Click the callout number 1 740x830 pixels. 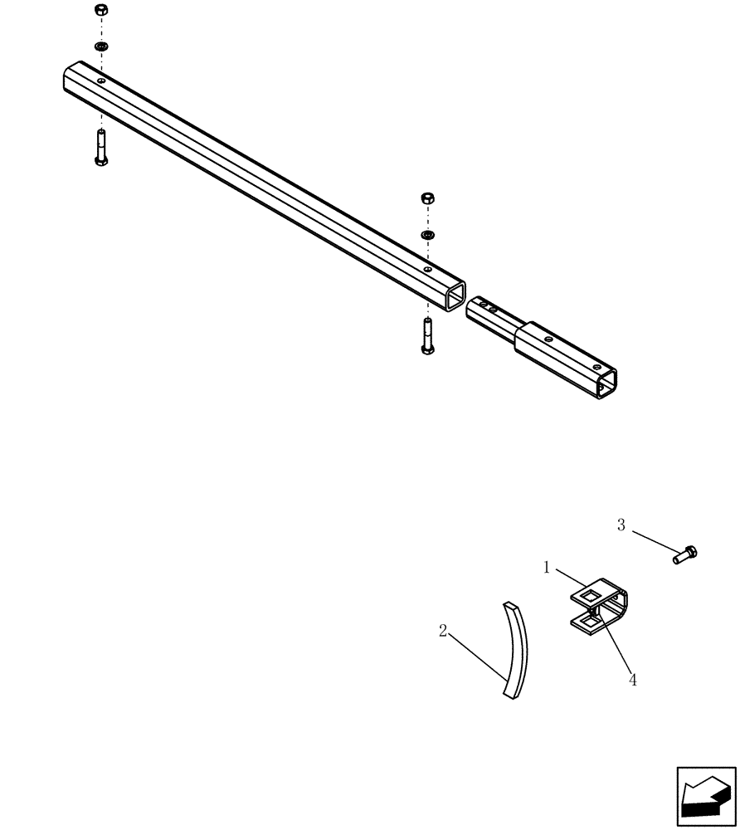point(547,568)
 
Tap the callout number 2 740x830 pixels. point(444,632)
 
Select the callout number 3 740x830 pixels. point(621,525)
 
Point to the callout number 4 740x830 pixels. point(633,680)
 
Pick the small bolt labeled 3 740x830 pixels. point(684,554)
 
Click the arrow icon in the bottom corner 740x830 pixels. point(706,798)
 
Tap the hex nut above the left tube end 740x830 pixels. point(100,11)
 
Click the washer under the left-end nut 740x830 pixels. point(100,46)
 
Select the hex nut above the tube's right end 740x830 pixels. point(427,198)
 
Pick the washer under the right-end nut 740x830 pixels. point(427,235)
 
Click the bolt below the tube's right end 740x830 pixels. point(427,336)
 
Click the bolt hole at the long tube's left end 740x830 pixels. point(100,81)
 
